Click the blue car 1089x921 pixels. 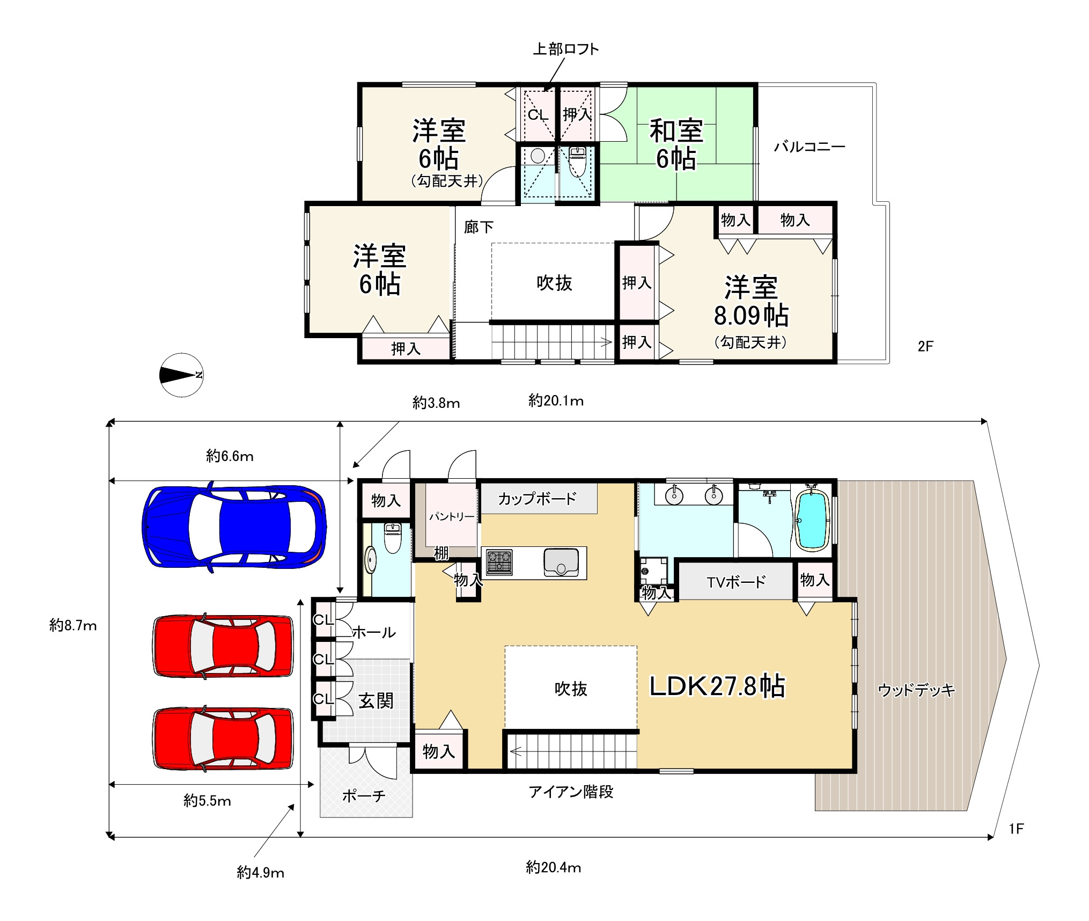click(x=234, y=527)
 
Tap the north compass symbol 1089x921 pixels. click(x=182, y=375)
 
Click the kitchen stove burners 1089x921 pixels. click(x=499, y=562)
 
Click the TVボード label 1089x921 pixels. click(x=735, y=582)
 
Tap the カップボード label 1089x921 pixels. click(x=537, y=499)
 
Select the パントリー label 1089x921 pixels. click(x=451, y=517)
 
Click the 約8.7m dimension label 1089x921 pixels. click(x=73, y=625)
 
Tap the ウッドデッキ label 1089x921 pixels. click(x=916, y=690)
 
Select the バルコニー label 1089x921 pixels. click(x=810, y=147)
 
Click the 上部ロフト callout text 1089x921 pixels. click(x=565, y=49)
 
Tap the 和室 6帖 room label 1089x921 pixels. click(x=676, y=144)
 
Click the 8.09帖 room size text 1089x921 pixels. click(x=750, y=316)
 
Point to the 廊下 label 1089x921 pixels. click(x=479, y=227)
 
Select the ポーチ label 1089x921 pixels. click(x=364, y=795)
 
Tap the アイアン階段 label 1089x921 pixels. click(x=571, y=792)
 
